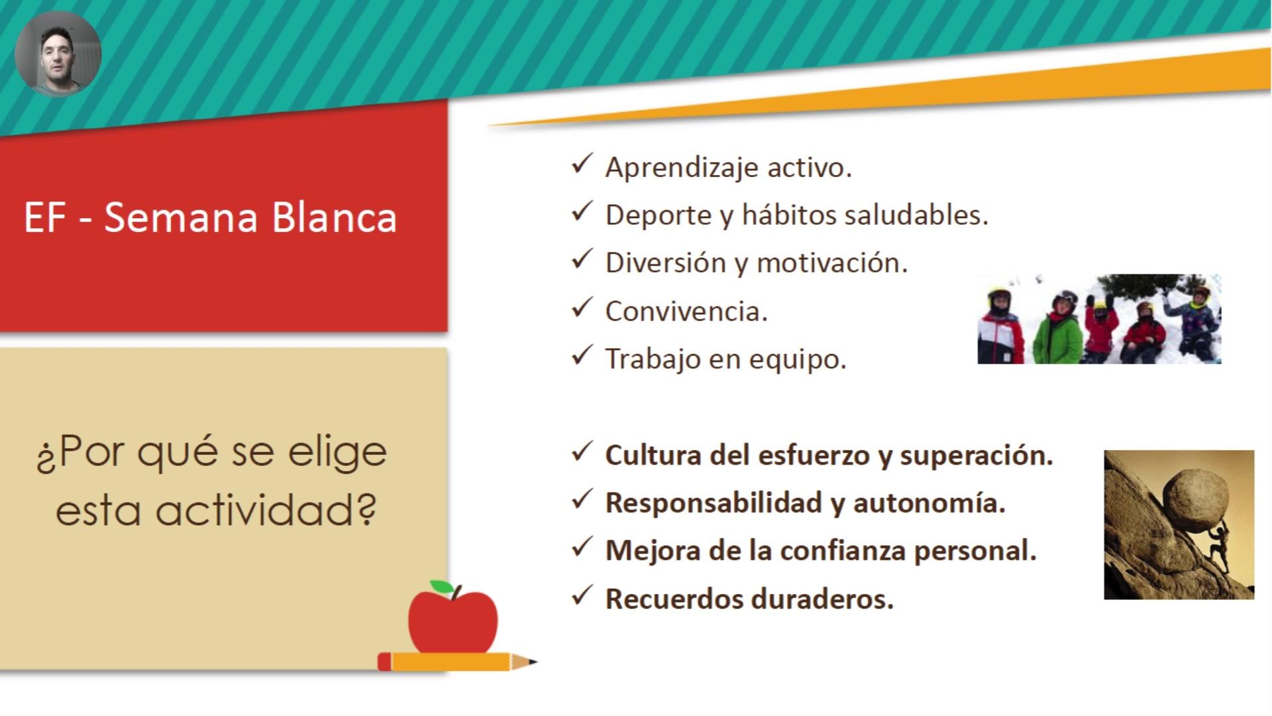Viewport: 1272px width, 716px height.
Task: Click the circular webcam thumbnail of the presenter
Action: pyautogui.click(x=58, y=54)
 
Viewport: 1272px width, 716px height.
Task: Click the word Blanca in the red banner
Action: pyautogui.click(x=335, y=217)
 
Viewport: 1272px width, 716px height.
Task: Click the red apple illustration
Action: pyautogui.click(x=452, y=619)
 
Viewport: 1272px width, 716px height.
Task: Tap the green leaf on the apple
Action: pyautogui.click(x=442, y=587)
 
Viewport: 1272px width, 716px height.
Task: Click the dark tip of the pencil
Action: pyautogui.click(x=532, y=662)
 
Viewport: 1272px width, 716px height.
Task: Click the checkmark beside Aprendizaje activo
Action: pyautogui.click(x=581, y=164)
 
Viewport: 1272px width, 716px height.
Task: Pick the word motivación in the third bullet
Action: pyautogui.click(x=831, y=263)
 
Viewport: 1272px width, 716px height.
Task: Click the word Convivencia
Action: pyautogui.click(x=686, y=311)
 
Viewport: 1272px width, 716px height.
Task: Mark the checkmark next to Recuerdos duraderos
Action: pyautogui.click(x=581, y=596)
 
